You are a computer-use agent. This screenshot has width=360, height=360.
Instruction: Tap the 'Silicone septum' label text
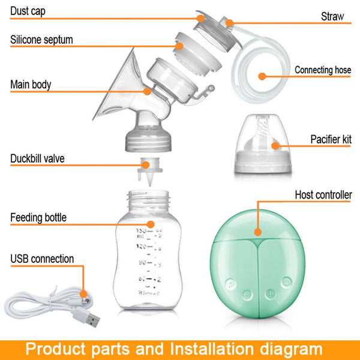coord(41,40)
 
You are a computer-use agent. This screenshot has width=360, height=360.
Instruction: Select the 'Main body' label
coord(31,84)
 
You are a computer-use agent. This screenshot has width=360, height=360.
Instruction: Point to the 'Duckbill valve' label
coord(37,159)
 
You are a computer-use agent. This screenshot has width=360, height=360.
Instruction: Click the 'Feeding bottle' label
coord(38,217)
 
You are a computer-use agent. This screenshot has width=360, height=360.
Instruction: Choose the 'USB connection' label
coord(42,259)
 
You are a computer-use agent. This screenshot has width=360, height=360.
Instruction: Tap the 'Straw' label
coord(332,16)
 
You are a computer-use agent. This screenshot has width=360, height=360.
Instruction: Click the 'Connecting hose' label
coord(323,70)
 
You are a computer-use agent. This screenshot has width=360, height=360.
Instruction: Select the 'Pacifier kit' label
coord(331,139)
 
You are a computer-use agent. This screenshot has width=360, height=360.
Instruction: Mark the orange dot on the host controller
coord(257,230)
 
